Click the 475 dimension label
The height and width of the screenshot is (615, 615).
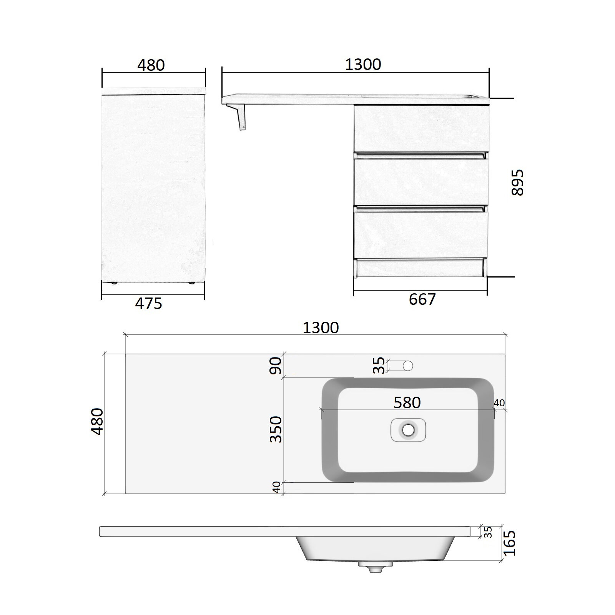click(149, 304)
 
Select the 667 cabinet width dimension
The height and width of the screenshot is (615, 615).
click(422, 299)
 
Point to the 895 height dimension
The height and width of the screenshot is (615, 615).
click(517, 183)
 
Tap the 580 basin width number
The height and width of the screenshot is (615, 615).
click(407, 402)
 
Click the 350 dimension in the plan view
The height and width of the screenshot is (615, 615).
click(276, 429)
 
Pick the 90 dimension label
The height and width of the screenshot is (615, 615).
click(276, 366)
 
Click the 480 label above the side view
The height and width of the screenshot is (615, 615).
click(151, 65)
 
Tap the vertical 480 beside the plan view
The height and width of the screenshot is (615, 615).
click(97, 421)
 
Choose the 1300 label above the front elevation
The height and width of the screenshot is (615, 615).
click(363, 64)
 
